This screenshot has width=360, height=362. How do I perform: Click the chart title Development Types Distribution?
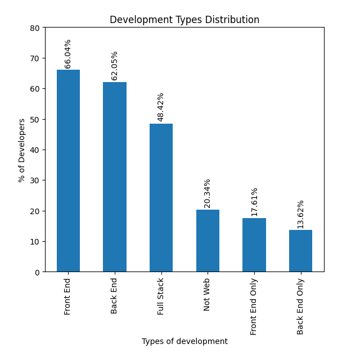click(x=184, y=20)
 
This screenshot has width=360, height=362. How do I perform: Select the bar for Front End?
click(x=68, y=171)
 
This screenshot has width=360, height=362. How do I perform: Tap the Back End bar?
click(x=115, y=177)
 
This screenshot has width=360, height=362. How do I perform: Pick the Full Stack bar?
click(x=161, y=198)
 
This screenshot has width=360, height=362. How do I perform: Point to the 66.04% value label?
click(x=68, y=53)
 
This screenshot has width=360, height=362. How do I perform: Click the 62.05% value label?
click(x=115, y=66)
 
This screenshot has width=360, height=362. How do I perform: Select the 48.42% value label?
click(x=161, y=107)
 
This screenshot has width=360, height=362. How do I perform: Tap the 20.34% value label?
click(x=208, y=193)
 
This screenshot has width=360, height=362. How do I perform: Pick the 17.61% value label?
click(x=254, y=202)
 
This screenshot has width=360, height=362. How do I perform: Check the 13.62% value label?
click(x=300, y=214)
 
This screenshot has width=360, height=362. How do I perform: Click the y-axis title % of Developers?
click(x=22, y=150)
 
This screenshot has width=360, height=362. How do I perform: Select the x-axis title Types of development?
click(x=184, y=341)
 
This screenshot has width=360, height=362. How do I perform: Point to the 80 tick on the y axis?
click(x=35, y=28)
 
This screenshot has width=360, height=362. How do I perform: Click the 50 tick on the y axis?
click(x=35, y=119)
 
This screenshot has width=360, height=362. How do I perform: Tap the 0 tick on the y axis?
click(x=37, y=272)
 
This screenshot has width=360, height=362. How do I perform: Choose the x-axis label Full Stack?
click(x=161, y=296)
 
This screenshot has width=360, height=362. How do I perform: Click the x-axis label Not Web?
click(x=208, y=294)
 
